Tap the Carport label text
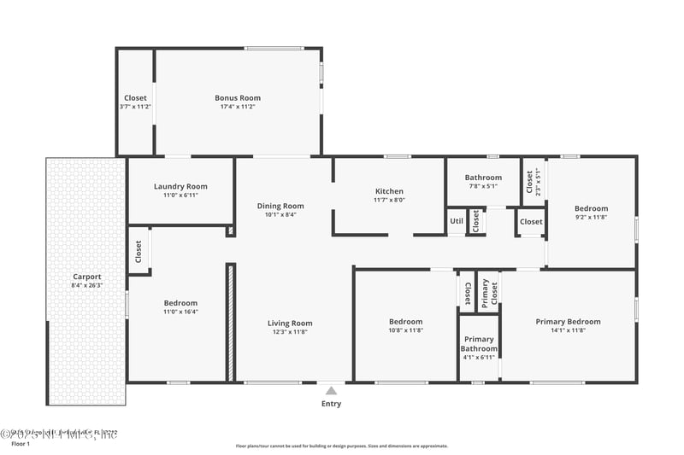coord(87,277)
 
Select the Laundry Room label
coord(180,186)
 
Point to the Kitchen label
coord(389,191)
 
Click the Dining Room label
coord(280,206)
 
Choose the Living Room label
coord(290,323)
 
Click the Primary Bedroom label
coord(568,322)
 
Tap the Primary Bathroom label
coord(479,344)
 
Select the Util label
coord(457,221)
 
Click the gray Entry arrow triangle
coord(331,390)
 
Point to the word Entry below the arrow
coord(331,404)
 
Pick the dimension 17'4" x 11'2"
coord(238,107)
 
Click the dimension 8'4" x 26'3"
coord(87,285)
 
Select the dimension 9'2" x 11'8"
coord(591,217)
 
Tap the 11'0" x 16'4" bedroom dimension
coord(180,312)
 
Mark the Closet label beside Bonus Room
coord(135,97)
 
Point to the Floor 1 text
coord(20,444)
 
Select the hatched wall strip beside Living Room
coord(230,322)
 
